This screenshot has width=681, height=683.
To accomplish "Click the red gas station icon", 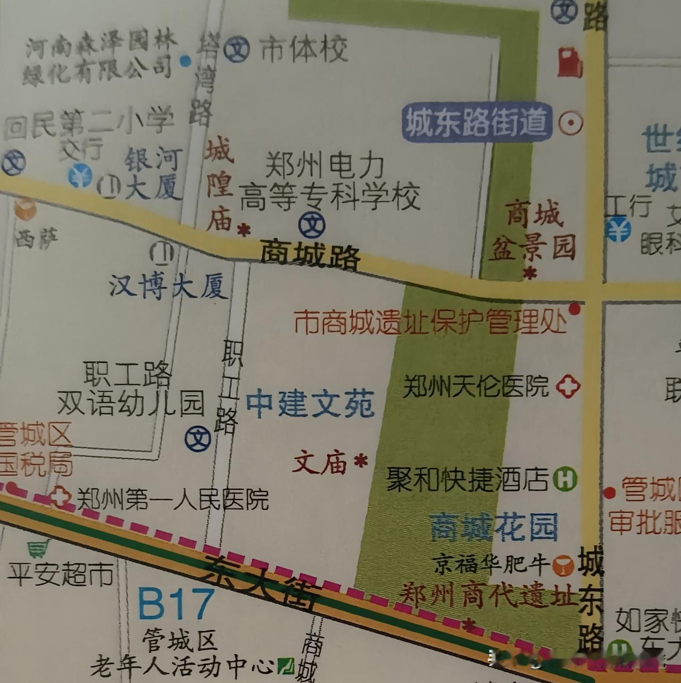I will (570, 63).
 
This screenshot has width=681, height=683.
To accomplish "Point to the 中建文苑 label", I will (310, 404).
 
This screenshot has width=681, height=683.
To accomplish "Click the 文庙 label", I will (320, 462).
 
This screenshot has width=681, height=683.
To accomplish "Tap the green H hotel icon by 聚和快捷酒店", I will (564, 479).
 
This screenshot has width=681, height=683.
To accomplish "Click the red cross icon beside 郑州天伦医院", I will (568, 387).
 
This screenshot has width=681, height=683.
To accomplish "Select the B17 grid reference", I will (176, 604).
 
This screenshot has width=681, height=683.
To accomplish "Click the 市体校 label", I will (304, 49).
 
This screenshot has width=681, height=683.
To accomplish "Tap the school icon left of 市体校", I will (236, 50).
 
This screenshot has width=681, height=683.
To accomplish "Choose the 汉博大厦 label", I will (169, 287).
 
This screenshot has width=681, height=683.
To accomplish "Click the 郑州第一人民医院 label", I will (173, 499).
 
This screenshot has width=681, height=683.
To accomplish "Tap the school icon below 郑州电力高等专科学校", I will (312, 225).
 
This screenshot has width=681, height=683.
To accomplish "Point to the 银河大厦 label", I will (154, 173).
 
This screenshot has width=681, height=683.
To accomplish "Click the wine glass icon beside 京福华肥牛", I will (563, 565).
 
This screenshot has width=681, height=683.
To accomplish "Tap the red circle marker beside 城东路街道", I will (571, 123).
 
